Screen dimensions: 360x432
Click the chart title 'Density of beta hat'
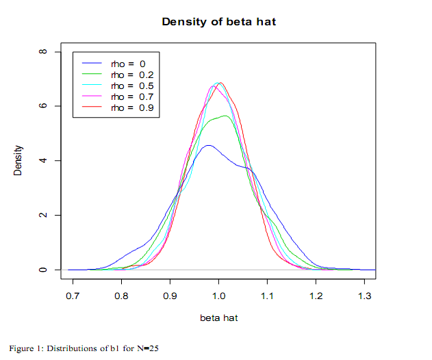click(218, 21)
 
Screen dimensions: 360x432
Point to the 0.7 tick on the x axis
click(73, 297)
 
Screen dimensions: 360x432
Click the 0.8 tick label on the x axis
click(122, 297)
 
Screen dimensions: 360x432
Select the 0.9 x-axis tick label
click(170, 297)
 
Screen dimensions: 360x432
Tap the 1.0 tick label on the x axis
click(218, 297)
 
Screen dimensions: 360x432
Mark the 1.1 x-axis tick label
click(267, 297)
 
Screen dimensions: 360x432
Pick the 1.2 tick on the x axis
click(316, 297)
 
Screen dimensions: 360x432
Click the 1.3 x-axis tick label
click(364, 297)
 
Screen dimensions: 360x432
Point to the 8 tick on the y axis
click(42, 52)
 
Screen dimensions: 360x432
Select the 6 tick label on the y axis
click(42, 106)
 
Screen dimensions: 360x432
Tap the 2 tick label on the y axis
click(42, 216)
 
